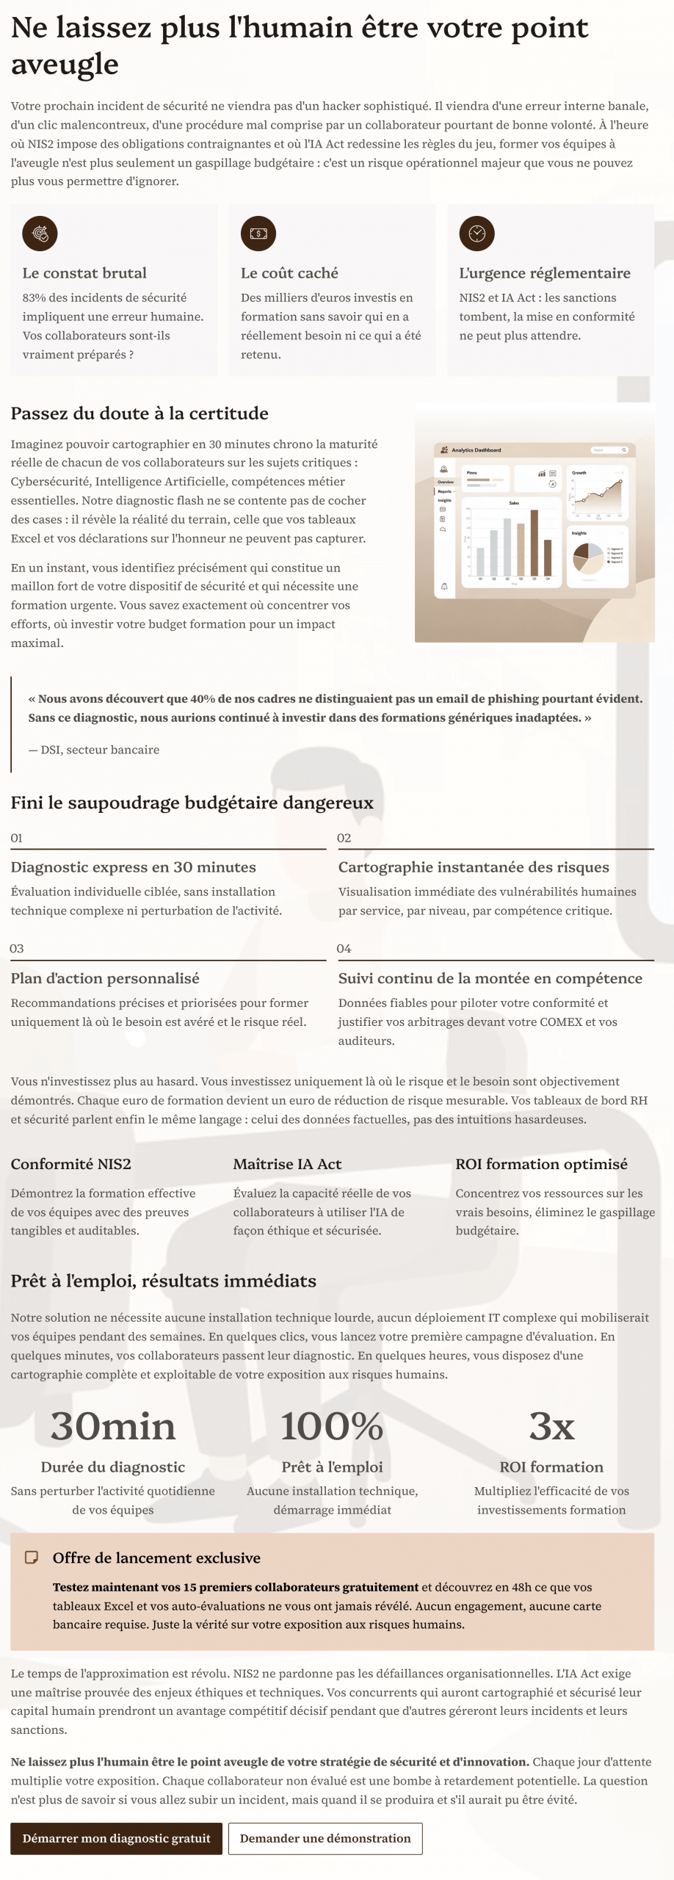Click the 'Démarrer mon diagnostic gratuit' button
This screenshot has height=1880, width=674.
coord(116,1838)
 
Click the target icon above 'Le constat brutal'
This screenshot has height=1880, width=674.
coord(40,234)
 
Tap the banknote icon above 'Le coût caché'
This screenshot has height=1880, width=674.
coord(258,234)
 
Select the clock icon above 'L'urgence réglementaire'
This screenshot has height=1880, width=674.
coord(476,234)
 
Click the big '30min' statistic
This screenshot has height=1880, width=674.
coord(113,1426)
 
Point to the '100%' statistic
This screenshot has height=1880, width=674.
coord(332,1426)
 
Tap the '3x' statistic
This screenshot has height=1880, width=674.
coord(551,1426)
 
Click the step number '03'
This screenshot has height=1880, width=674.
coord(17,949)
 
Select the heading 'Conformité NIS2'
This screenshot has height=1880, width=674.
coord(70,1164)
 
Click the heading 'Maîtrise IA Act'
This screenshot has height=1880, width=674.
coord(287,1164)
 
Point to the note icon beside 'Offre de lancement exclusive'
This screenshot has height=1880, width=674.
coord(32,1558)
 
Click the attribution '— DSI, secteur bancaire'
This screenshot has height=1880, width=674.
coord(94,750)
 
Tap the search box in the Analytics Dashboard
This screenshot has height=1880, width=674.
coord(609,449)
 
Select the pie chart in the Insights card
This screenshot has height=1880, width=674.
coord(587,558)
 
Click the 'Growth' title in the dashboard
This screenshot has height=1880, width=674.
coord(579,473)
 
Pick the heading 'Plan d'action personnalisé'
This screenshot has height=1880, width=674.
coord(105,978)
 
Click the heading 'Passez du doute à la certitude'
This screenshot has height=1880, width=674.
coord(139,413)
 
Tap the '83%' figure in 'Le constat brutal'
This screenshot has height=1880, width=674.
coord(34,297)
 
